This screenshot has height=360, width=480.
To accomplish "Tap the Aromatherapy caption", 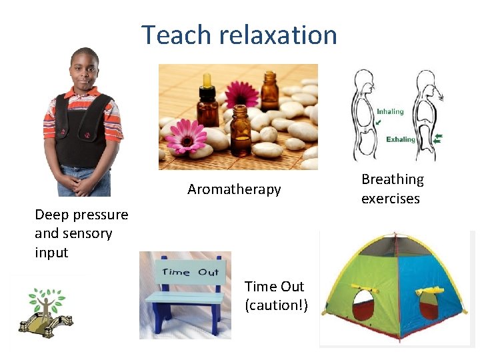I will (x=234, y=189).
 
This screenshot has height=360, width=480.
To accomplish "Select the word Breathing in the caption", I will (x=392, y=179).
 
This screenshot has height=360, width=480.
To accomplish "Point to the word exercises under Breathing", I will (x=390, y=199).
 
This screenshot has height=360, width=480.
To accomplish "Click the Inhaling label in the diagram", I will (x=390, y=111).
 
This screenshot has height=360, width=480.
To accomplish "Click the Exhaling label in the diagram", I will (x=400, y=140).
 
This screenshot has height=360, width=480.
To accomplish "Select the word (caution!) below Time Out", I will (x=274, y=305).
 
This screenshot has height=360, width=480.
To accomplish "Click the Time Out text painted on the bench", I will (x=190, y=271).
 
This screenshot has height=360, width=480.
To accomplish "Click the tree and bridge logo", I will (x=46, y=311).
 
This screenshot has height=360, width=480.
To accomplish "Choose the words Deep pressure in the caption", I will (x=81, y=215).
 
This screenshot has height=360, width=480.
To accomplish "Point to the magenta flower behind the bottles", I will (x=241, y=94).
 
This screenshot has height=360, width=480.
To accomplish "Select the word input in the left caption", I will (x=51, y=253).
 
